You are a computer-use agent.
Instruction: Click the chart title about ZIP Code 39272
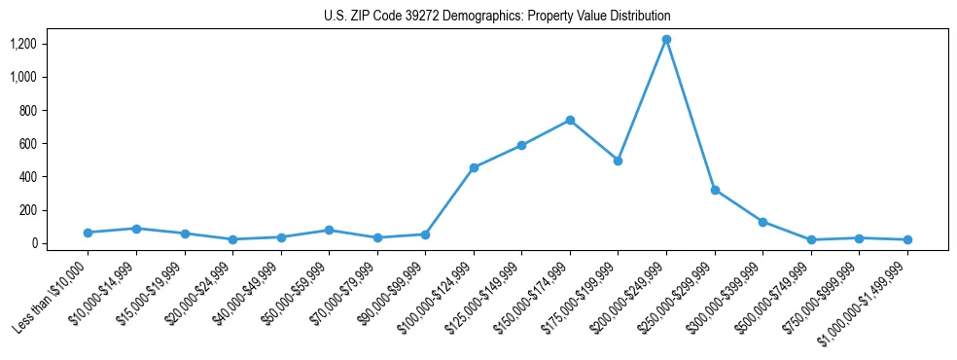coord(497,17)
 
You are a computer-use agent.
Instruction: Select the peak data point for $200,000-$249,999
coord(666,39)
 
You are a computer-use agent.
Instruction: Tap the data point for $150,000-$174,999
coord(570,120)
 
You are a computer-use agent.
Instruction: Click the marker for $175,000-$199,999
coord(618,161)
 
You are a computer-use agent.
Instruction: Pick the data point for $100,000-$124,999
coord(474,167)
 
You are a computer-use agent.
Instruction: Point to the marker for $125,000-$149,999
coord(521,145)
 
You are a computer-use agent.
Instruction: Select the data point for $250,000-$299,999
coord(715,190)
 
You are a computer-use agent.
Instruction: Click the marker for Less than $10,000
coord(88,233)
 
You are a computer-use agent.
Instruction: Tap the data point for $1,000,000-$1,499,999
coord(907,239)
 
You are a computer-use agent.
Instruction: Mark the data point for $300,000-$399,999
coord(762,222)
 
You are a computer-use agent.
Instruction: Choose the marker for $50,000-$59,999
coord(329,230)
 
